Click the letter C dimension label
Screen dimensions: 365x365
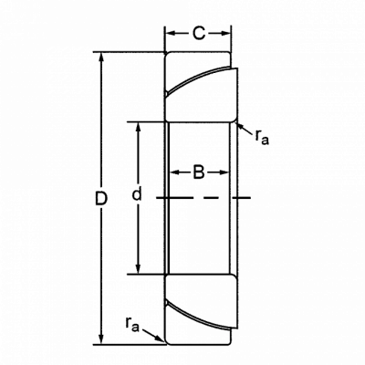click(x=199, y=33)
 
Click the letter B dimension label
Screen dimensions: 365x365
click(x=199, y=172)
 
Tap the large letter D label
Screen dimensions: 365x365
click(x=101, y=199)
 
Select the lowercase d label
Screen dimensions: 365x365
click(x=137, y=194)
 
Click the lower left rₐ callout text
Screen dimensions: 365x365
click(x=132, y=324)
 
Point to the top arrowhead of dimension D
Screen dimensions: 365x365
click(x=101, y=57)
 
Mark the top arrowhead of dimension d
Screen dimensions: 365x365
click(x=139, y=128)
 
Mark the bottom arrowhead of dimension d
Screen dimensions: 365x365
click(x=139, y=268)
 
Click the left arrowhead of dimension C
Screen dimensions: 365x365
click(x=171, y=33)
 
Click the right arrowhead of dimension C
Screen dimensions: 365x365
click(x=225, y=33)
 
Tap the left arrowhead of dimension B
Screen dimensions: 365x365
click(x=174, y=172)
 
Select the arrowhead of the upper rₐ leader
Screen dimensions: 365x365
click(x=239, y=125)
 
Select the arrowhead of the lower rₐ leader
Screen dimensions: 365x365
click(x=158, y=338)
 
